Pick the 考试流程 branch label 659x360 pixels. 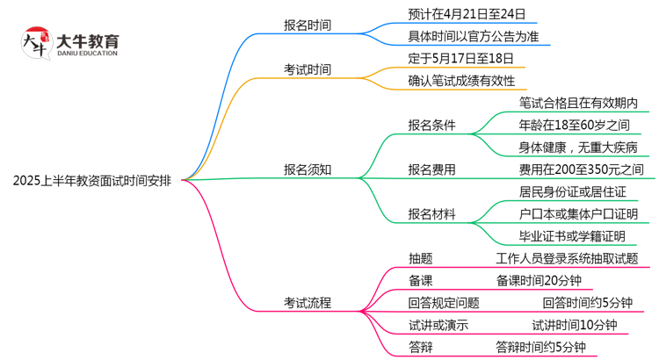[307, 303]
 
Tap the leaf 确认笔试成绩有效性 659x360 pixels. [461, 82]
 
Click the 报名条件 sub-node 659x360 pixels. [431, 125]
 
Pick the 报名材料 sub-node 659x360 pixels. [431, 214]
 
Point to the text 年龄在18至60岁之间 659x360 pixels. [574, 125]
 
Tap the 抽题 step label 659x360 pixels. [420, 258]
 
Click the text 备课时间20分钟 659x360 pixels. [537, 281]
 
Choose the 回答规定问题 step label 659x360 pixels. [444, 303]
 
